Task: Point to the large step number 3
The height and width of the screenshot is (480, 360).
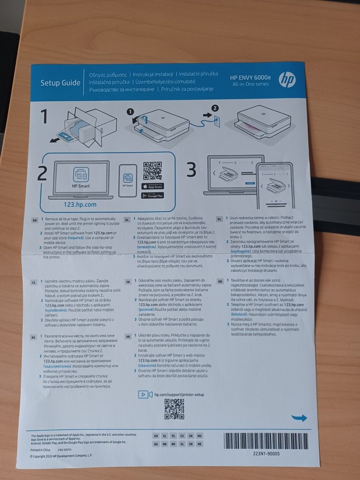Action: [191, 170]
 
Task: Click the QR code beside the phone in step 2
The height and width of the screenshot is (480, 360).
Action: [152, 170]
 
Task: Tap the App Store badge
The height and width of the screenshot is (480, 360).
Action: [153, 186]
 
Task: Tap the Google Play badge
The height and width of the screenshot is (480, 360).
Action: [153, 196]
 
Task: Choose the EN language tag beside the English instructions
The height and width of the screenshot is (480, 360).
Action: [34, 220]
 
